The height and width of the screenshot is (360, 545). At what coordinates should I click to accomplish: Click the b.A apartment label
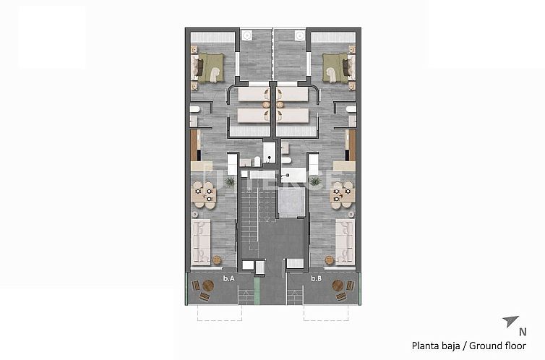(229, 278)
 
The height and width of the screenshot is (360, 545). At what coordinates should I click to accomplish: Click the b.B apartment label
(316, 278)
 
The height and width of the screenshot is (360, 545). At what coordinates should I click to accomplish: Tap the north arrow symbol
(510, 321)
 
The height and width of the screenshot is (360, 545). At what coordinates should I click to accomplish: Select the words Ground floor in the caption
(499, 345)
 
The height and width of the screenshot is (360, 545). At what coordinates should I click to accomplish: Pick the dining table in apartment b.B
(343, 194)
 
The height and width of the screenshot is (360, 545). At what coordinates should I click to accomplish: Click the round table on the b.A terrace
(208, 286)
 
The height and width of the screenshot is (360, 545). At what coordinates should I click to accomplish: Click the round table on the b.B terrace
(338, 286)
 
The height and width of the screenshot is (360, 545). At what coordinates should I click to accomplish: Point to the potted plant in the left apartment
(231, 182)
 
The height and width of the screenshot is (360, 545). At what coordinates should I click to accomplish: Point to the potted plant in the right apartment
(315, 182)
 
